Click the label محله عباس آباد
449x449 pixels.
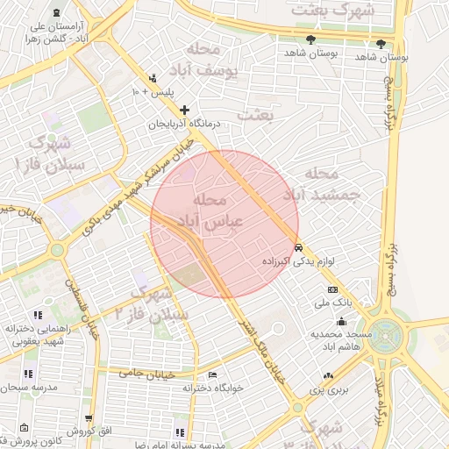click(x=214, y=211)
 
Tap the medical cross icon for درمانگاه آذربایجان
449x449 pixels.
click(x=184, y=110)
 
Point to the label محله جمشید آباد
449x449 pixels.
click(x=329, y=185)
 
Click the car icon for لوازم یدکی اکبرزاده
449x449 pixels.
click(x=298, y=247)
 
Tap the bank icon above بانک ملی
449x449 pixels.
click(x=332, y=289)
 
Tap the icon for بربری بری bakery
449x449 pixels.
click(x=328, y=375)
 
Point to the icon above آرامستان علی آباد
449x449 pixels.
click(x=57, y=13)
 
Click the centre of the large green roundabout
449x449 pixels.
click(x=386, y=336)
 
